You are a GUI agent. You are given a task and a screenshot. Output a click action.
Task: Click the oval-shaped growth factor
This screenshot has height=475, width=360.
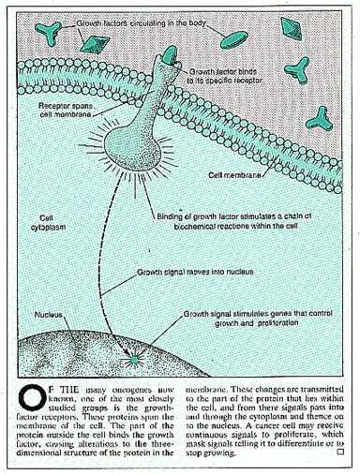tap(237, 37)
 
